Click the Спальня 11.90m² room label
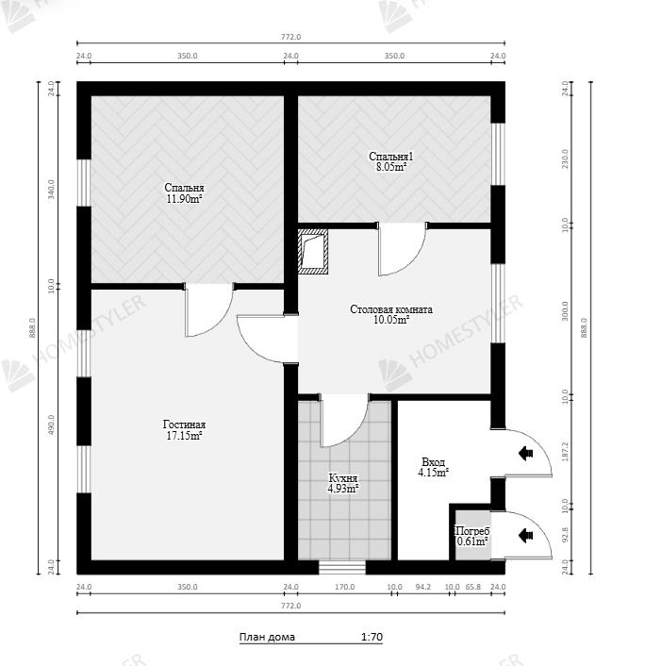[x=184, y=193]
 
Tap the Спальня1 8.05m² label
[x=391, y=162]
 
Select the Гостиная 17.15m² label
[x=184, y=430]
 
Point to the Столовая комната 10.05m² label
[x=391, y=314]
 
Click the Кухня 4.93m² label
[x=343, y=483]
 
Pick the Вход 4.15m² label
[x=434, y=467]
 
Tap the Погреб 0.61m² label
[x=472, y=537]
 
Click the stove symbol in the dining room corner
[x=313, y=251]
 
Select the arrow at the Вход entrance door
[x=526, y=453]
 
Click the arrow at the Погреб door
[x=526, y=535]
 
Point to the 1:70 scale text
[x=372, y=637]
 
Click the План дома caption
[x=267, y=637]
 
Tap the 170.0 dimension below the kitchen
[x=345, y=587]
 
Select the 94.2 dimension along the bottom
[x=422, y=587]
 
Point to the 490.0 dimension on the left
[x=51, y=425]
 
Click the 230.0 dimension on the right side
[x=565, y=158]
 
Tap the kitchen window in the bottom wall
[x=342, y=568]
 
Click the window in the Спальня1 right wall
[x=498, y=154]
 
